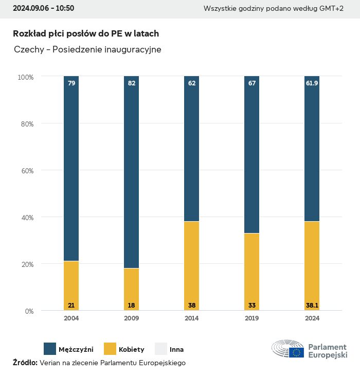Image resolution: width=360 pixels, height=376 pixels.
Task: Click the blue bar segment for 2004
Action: pyautogui.click(x=71, y=170)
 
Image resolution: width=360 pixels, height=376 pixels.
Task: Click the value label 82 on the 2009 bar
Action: pyautogui.click(x=132, y=83)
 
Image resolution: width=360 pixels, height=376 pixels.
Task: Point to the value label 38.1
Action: pyautogui.click(x=312, y=306)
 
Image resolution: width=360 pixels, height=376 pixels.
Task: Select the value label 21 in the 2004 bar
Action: pyautogui.click(x=71, y=306)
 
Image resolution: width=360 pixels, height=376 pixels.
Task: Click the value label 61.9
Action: pyautogui.click(x=312, y=83)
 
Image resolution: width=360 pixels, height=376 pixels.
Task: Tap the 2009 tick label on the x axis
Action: pyautogui.click(x=132, y=318)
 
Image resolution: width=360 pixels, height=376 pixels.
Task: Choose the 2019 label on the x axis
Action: pyautogui.click(x=252, y=318)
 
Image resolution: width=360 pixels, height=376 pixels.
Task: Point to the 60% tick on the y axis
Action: pyautogui.click(x=26, y=171)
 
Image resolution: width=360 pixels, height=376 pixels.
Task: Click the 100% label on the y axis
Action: pyautogui.click(x=25, y=77)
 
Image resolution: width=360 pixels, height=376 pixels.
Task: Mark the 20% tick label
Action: pyautogui.click(x=26, y=264)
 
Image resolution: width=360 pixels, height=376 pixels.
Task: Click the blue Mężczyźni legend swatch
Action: pyautogui.click(x=50, y=349)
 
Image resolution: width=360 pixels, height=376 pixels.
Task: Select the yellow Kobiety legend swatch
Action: pyautogui.click(x=110, y=349)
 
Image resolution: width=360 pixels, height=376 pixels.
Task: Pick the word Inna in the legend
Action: pyautogui.click(x=176, y=350)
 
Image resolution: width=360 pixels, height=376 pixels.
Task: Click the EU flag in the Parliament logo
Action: pyautogui.click(x=296, y=352)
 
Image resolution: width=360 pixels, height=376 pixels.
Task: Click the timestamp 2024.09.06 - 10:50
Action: pyautogui.click(x=43, y=8)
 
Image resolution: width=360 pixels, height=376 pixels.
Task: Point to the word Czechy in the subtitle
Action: pyautogui.click(x=29, y=50)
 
